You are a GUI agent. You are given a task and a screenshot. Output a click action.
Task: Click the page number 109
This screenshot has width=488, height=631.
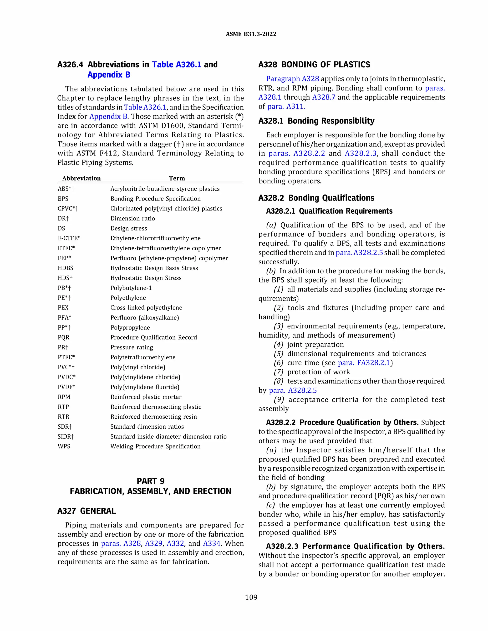coord(251,597)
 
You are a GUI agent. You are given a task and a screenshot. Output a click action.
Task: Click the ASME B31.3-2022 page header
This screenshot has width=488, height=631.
coord(251,34)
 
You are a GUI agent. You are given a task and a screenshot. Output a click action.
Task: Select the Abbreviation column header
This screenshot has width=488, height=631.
coord(81,178)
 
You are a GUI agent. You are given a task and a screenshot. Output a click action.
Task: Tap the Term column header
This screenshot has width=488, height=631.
coord(177,178)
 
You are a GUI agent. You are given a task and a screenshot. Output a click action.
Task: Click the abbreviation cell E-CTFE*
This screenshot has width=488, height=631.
coord(69,238)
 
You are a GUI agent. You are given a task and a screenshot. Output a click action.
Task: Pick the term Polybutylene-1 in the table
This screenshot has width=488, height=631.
coord(131,288)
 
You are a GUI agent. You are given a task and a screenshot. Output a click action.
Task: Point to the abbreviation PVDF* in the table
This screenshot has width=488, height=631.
coord(66,387)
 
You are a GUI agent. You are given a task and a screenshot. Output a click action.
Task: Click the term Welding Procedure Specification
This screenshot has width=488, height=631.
coord(155,446)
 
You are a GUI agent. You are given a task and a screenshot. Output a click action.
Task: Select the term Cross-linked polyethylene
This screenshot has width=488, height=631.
coord(146,308)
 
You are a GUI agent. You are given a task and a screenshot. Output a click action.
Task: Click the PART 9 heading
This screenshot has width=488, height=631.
coord(151,481)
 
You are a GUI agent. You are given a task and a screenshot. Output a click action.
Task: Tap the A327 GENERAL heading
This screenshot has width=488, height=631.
coord(86,511)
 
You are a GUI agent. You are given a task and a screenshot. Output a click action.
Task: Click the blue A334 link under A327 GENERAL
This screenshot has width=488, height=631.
coord(212,543)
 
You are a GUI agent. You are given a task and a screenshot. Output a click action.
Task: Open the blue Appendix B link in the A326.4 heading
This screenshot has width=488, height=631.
coord(109,75)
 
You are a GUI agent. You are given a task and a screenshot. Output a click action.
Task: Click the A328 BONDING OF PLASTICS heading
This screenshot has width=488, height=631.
coord(314,65)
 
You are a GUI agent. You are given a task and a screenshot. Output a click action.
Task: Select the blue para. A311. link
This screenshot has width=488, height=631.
coord(286,106)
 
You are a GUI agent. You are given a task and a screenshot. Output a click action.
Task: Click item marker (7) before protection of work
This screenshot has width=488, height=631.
coord(278,372)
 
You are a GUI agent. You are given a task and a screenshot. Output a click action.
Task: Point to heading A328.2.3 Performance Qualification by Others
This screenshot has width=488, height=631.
coord(355,546)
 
